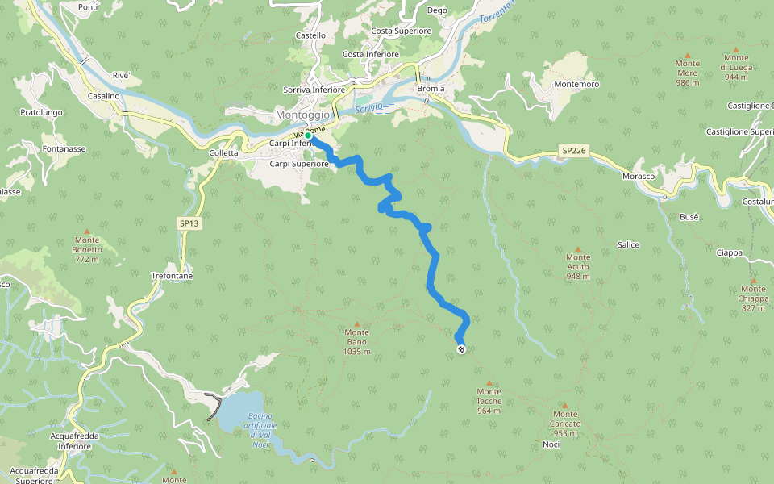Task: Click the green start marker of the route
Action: (x=307, y=136)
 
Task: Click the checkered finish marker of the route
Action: (x=460, y=349)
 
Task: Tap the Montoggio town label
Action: (x=302, y=115)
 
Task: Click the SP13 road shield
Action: (x=189, y=223)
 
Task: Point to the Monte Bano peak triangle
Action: (x=357, y=324)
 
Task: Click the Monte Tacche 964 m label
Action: (x=489, y=401)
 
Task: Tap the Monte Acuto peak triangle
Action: (x=577, y=248)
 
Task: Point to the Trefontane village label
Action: (x=172, y=276)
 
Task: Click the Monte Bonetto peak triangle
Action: (x=87, y=231)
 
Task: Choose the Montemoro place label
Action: (x=576, y=84)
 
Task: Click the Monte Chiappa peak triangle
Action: (x=754, y=281)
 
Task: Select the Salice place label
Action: (x=628, y=244)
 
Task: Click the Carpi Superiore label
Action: (x=298, y=163)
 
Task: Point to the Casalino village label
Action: (x=103, y=96)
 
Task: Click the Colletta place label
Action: (x=223, y=152)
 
